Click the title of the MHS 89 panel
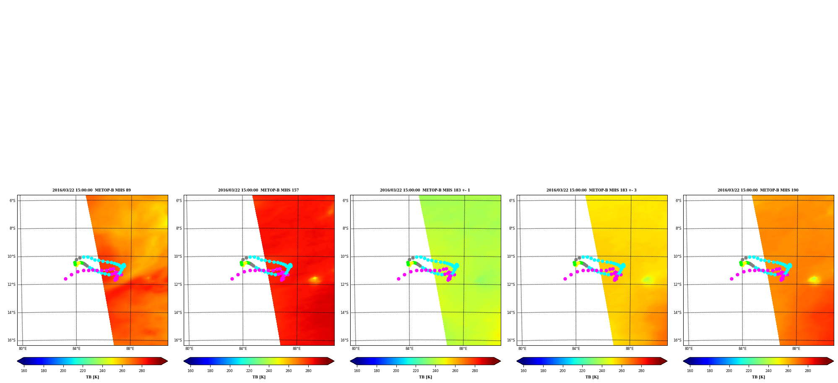coord(91,190)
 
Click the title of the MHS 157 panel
coord(258,190)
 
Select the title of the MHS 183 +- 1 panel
coord(425,190)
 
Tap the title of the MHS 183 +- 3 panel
coord(591,190)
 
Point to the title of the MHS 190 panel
coord(758,190)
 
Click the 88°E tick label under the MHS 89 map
coord(130,349)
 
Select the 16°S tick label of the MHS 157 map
coord(178,340)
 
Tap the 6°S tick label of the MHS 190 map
coord(679,201)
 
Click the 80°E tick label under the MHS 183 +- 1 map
coord(356,349)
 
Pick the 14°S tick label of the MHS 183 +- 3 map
coord(511,313)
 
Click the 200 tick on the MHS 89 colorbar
coord(63,371)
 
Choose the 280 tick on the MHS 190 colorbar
coord(808,371)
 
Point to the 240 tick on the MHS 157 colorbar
coord(269,371)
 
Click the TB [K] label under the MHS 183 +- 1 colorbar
coord(425,377)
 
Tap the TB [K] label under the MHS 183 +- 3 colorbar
coord(592,377)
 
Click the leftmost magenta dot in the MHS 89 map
coord(65,279)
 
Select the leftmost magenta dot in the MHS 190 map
coord(731,279)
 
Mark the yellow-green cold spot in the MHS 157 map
coord(314,279)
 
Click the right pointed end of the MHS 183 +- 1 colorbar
coord(500,361)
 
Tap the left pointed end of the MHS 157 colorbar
coord(184,361)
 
